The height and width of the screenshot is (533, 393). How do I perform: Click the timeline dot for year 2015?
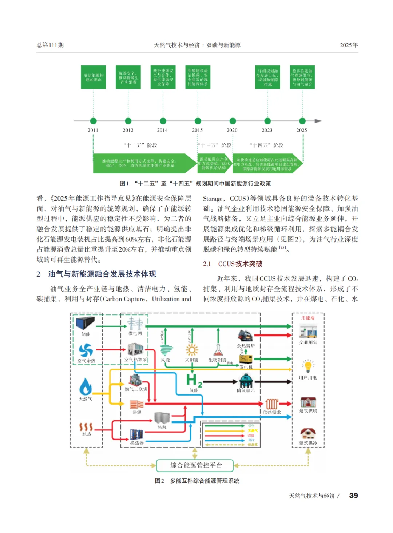[x=198, y=121]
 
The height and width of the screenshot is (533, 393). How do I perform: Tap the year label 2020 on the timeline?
[x=232, y=130]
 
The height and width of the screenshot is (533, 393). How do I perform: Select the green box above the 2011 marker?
[x=94, y=77]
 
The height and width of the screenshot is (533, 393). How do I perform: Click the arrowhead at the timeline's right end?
[x=318, y=121]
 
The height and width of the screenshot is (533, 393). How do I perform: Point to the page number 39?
[x=353, y=496]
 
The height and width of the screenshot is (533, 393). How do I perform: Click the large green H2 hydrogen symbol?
[x=194, y=380]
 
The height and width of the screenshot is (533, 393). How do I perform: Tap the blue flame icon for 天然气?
[x=86, y=386]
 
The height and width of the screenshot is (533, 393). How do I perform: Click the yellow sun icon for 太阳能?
[x=192, y=350]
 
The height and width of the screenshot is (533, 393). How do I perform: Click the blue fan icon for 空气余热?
[x=86, y=350]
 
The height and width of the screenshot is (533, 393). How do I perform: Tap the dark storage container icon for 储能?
[x=86, y=323]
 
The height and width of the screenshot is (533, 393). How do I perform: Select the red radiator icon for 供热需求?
[x=271, y=404]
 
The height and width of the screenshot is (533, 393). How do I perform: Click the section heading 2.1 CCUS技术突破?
[x=233, y=264]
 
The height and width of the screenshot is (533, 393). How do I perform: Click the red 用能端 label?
[x=308, y=318]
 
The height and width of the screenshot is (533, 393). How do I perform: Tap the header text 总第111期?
[x=50, y=45]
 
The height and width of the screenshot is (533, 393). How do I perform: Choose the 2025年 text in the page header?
[x=349, y=45]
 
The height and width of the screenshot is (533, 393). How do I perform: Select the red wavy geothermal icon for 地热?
[x=86, y=427]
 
